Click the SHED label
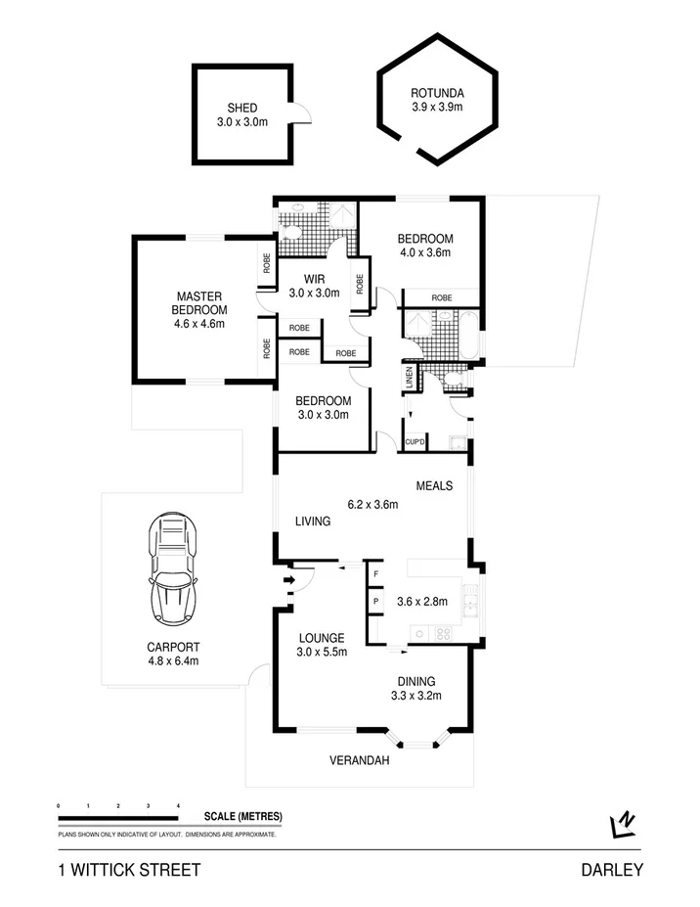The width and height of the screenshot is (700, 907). coord(242,108)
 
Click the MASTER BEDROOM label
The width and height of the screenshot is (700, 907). coord(200,303)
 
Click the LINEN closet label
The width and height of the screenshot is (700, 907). coord(410,378)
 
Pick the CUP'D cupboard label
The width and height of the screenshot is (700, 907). coord(415,443)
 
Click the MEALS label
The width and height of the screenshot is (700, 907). coord(434,485)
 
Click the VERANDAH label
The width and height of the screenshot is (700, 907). coord(360,760)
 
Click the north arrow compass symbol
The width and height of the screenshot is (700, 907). coord(623,825)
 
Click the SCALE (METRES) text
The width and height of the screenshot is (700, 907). coord(243,816)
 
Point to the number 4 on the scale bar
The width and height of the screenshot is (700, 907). coord(178,805)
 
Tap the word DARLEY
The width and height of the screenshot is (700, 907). coord(611,870)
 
